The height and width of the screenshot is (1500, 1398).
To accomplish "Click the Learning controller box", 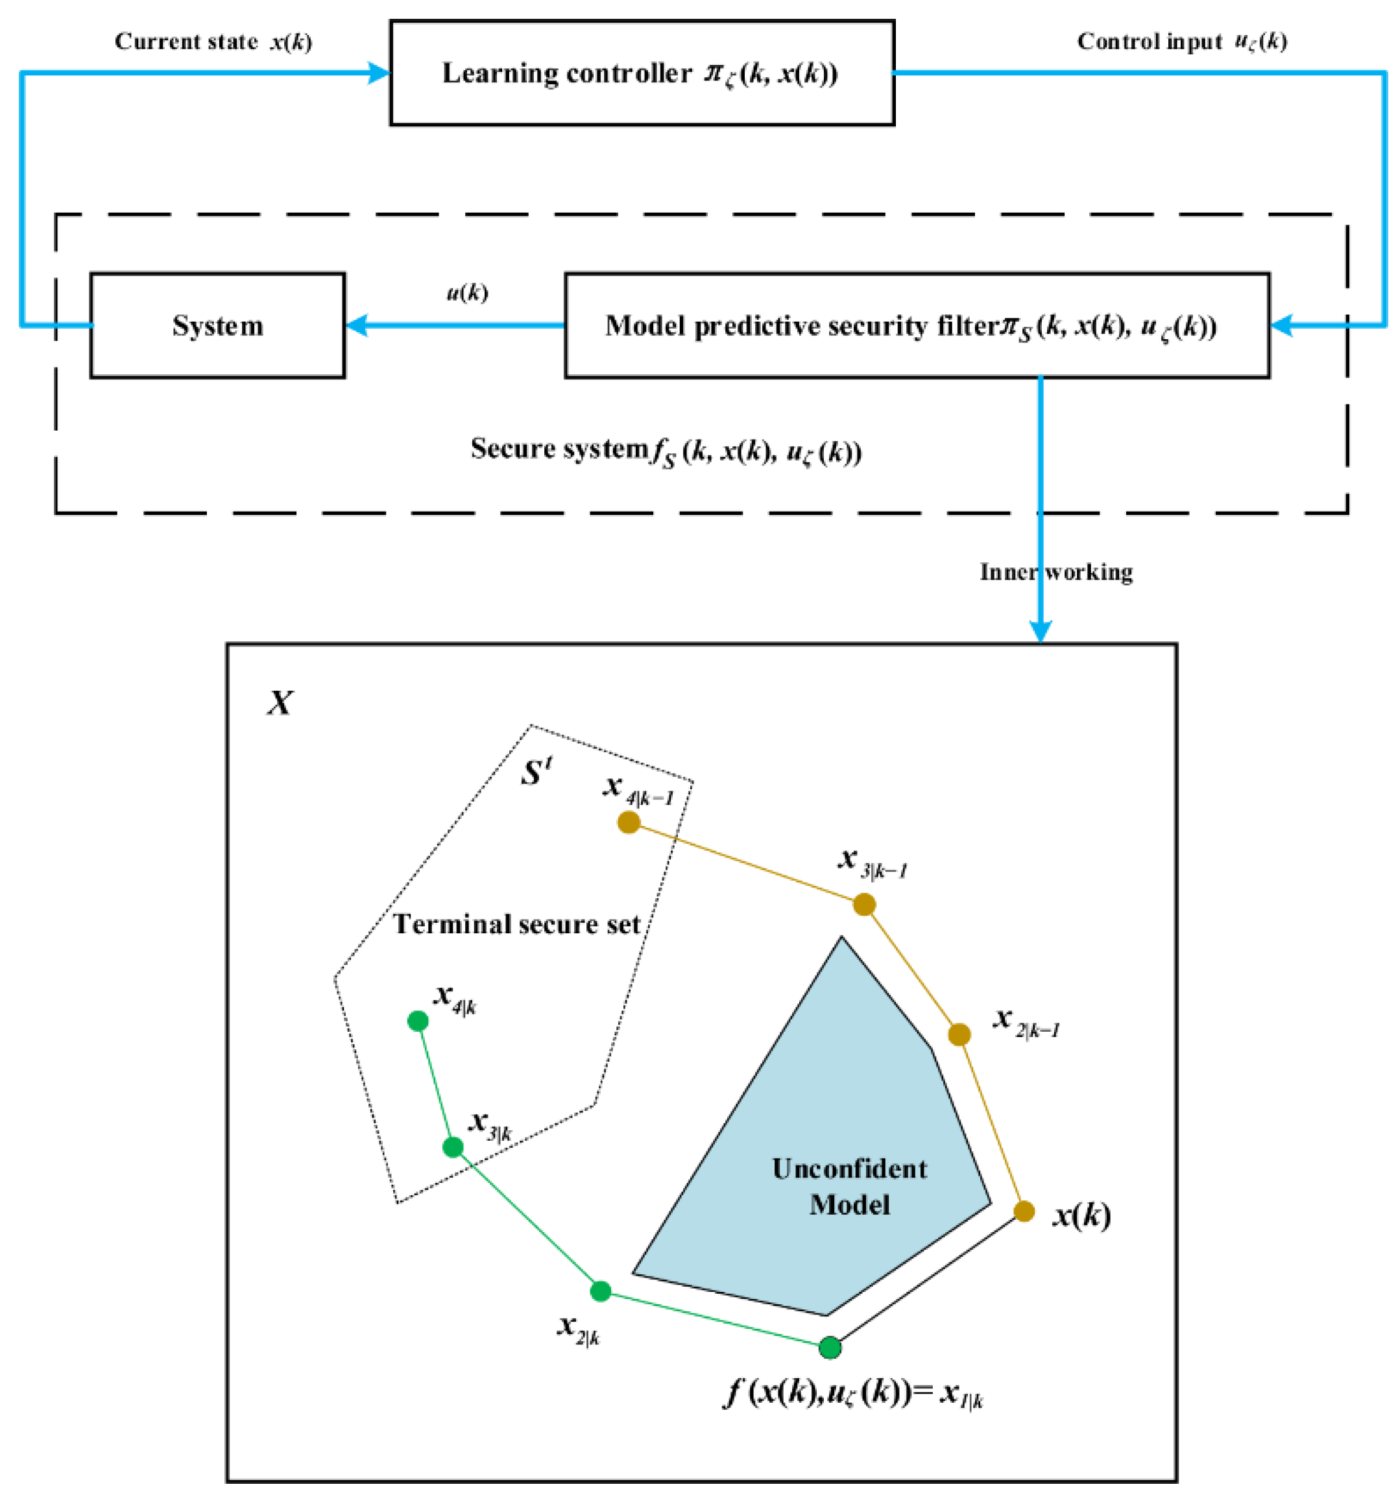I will [x=642, y=73].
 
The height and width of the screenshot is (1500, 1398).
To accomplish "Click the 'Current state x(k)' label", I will [x=213, y=42].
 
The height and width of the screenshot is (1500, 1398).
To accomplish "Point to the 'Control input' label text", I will [x=1148, y=42].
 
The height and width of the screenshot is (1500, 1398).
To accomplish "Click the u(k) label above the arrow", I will [x=467, y=292].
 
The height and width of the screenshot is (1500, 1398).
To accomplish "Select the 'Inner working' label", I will [x=1056, y=572].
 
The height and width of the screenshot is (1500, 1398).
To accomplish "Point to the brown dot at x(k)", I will [x=1024, y=1211].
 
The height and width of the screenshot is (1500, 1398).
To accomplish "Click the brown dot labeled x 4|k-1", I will [x=629, y=822].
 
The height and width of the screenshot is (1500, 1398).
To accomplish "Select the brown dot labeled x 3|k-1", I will [x=864, y=904].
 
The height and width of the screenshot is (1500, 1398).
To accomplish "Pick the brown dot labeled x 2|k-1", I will [x=959, y=1034].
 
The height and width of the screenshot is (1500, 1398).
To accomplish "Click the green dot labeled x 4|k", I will [x=417, y=1021].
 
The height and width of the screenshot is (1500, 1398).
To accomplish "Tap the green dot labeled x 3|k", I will [x=452, y=1147].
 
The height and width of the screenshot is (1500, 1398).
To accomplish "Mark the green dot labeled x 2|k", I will [x=600, y=1291].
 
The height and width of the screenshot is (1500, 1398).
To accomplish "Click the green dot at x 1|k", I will [x=830, y=1347].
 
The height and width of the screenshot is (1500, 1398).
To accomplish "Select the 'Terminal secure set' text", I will [x=517, y=924].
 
